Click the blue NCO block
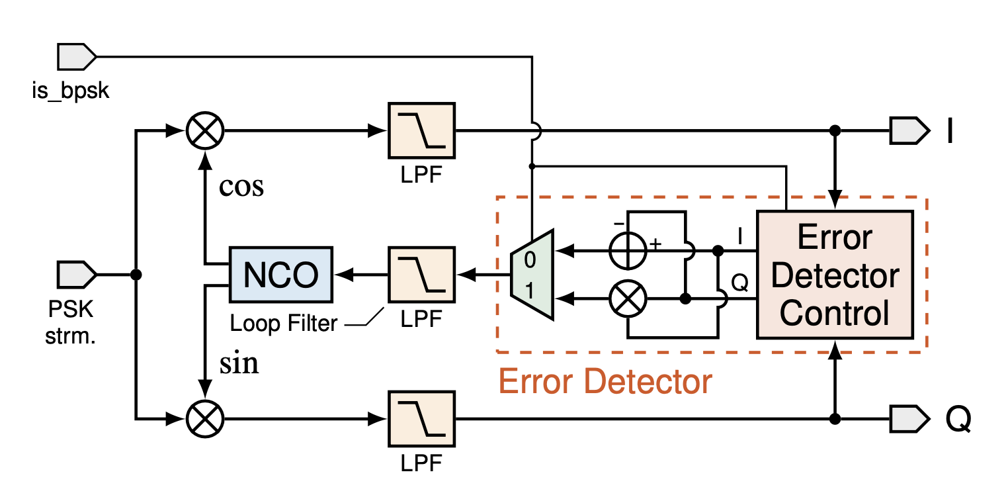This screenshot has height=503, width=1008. pyautogui.click(x=281, y=274)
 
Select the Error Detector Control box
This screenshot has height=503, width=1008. pyautogui.click(x=835, y=275)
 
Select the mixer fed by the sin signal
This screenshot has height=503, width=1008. pyautogui.click(x=205, y=418)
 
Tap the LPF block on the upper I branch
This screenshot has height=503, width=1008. pyautogui.click(x=421, y=130)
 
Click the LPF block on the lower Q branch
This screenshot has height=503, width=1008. pyautogui.click(x=421, y=418)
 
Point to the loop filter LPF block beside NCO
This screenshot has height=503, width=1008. pyautogui.click(x=421, y=274)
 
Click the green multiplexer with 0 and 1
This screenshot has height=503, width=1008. pyautogui.click(x=532, y=275)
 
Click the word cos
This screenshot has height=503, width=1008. pyautogui.click(x=241, y=187)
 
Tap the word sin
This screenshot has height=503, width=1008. pyautogui.click(x=238, y=363)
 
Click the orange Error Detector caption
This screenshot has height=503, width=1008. pyautogui.click(x=605, y=382)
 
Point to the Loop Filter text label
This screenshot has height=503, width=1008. pyautogui.click(x=284, y=324)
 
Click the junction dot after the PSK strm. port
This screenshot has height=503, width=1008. pyautogui.click(x=136, y=274)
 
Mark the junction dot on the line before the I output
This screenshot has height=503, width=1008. pyautogui.click(x=835, y=130)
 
